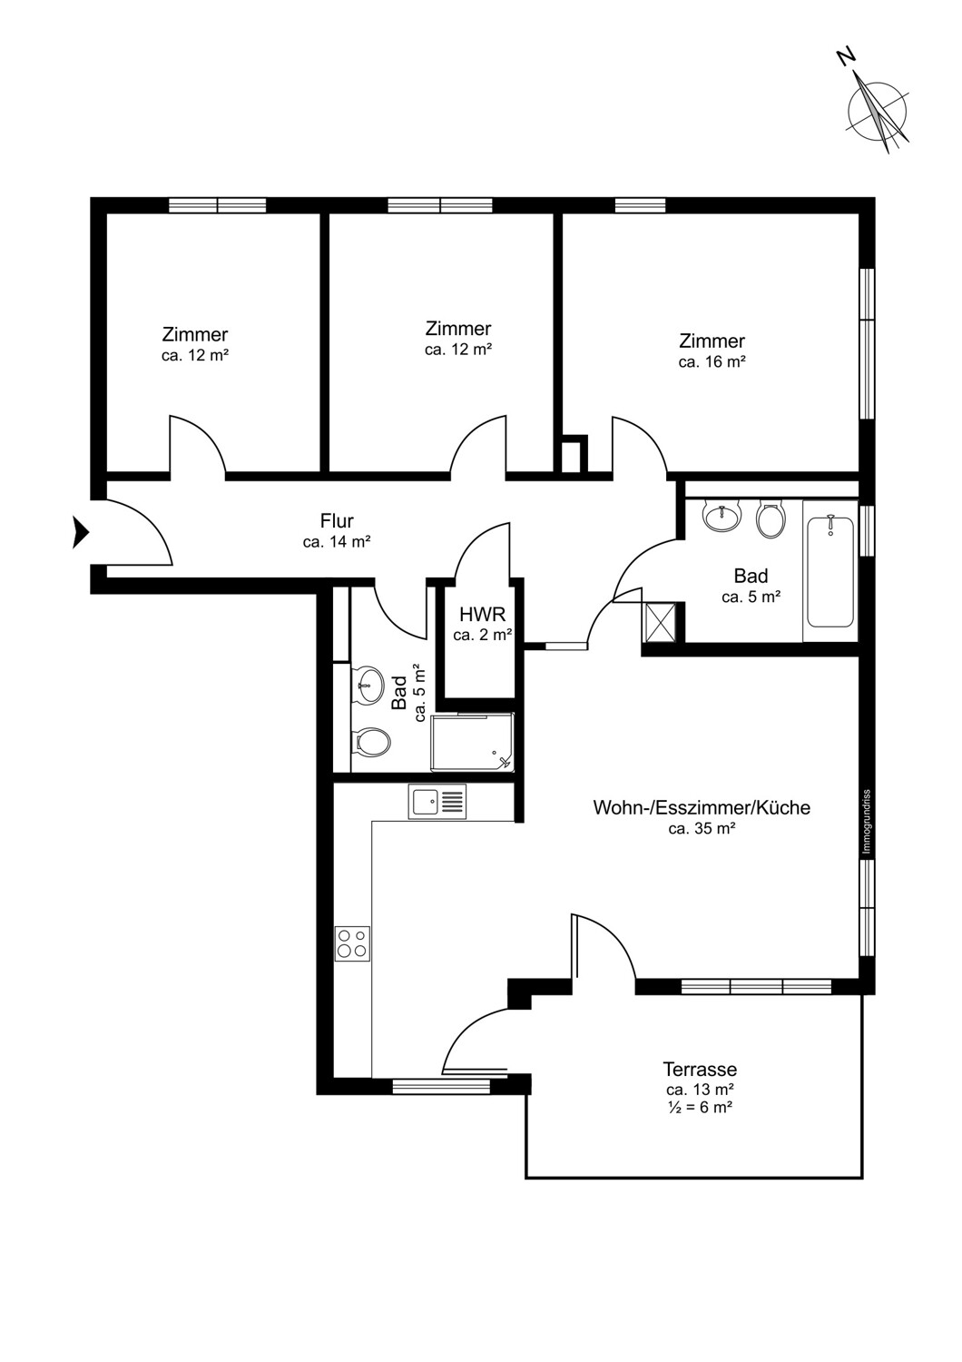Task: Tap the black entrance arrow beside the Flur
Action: click(x=81, y=532)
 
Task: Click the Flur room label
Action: click(x=337, y=521)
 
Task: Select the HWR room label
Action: click(x=483, y=614)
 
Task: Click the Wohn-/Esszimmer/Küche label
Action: click(x=702, y=808)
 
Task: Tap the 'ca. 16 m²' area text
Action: click(x=712, y=361)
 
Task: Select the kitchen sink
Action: click(x=438, y=802)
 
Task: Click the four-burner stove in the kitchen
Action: click(x=352, y=943)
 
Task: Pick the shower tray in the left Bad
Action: click(x=472, y=743)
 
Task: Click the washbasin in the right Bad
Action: click(x=722, y=517)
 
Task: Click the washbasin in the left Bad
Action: click(x=368, y=686)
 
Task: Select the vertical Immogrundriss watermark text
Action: click(x=867, y=822)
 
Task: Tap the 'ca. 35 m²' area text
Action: click(x=702, y=828)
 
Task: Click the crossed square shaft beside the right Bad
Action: click(x=659, y=621)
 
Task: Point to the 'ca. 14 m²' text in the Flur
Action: click(x=337, y=541)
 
